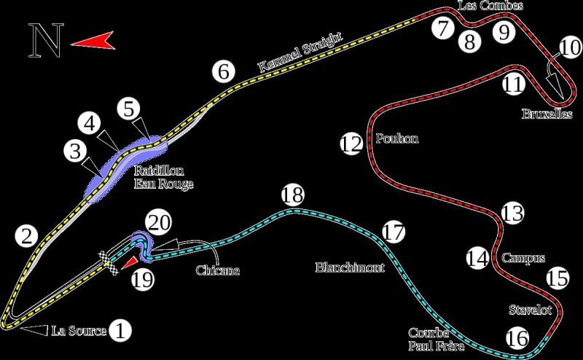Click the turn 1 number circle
tap(120, 331)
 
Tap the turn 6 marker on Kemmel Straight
tap(224, 72)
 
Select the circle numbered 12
tap(351, 144)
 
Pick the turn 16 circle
tap(517, 338)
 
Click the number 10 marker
tap(570, 48)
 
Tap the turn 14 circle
tap(477, 258)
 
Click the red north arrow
tap(94, 42)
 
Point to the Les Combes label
tap(490, 6)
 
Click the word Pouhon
tap(396, 138)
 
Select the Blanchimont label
tap(350, 267)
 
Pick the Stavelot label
tap(529, 310)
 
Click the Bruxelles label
tap(547, 114)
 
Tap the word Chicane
tap(217, 270)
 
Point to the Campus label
tap(519, 258)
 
